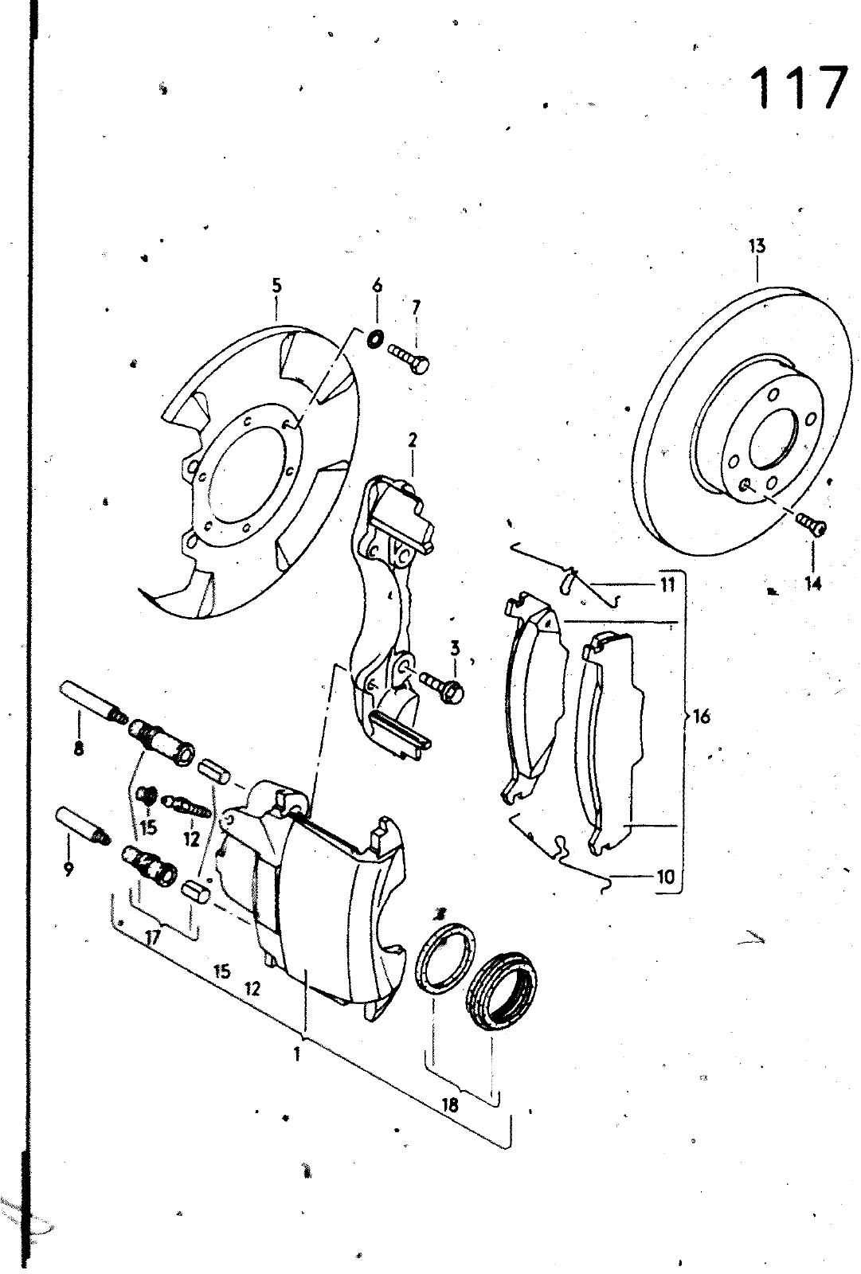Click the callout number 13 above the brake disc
tap(757, 246)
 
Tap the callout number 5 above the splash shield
tap(276, 286)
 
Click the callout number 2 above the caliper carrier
tap(412, 440)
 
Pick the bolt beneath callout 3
tap(442, 686)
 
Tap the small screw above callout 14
tap(811, 524)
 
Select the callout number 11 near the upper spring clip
tap(667, 584)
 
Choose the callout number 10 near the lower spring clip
tap(666, 877)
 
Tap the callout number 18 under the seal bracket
tap(449, 1105)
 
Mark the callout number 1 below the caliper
tap(296, 1055)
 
